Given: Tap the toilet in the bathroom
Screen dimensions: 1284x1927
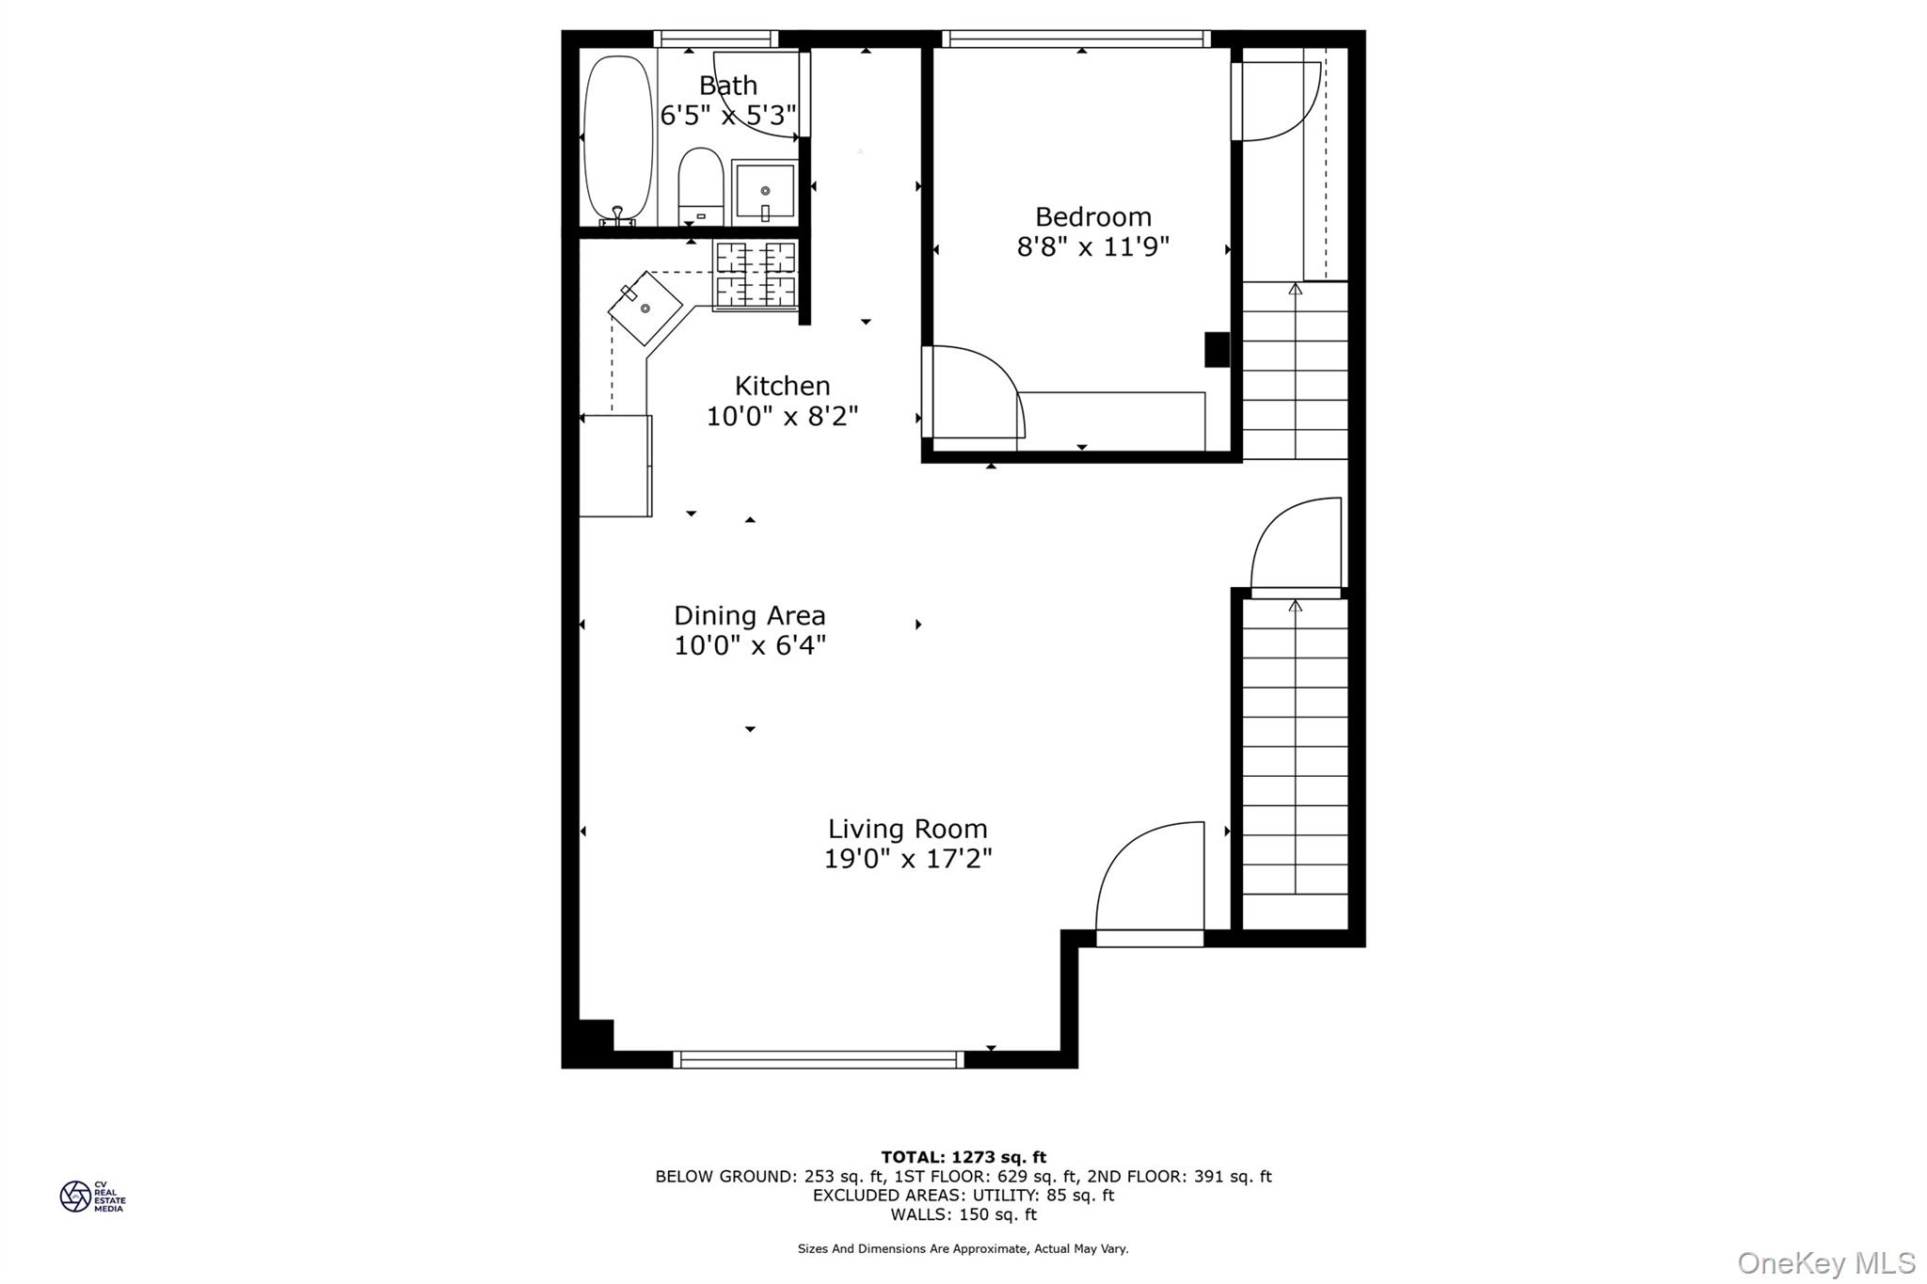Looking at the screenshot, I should point(700,187).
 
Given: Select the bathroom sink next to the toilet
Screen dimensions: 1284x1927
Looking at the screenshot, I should point(764,192).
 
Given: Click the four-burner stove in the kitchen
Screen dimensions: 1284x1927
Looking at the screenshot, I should point(756,275).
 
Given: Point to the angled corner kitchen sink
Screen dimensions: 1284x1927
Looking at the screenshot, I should point(645,308).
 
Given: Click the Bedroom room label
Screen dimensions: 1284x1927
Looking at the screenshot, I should point(1092,217).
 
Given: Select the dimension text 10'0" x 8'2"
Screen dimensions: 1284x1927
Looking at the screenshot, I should point(782,416).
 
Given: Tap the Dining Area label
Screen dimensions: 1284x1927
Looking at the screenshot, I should point(749,616).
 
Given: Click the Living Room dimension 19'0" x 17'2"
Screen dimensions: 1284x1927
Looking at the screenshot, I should point(907,859).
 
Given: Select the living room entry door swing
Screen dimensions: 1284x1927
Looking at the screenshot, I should point(1149,880).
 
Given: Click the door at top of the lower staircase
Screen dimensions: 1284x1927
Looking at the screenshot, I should point(1295,547).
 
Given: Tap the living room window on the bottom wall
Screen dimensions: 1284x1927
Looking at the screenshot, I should point(819,1059).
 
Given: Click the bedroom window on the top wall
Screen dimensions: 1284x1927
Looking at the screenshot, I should point(1075,39).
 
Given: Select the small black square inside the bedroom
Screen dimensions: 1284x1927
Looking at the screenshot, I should point(1217,349).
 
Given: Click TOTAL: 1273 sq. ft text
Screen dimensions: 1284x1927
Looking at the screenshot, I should point(963,1157).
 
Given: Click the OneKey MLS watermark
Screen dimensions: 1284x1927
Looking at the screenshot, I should point(1825,1262).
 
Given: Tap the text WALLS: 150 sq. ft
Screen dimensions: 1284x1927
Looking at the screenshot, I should point(963,1214).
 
